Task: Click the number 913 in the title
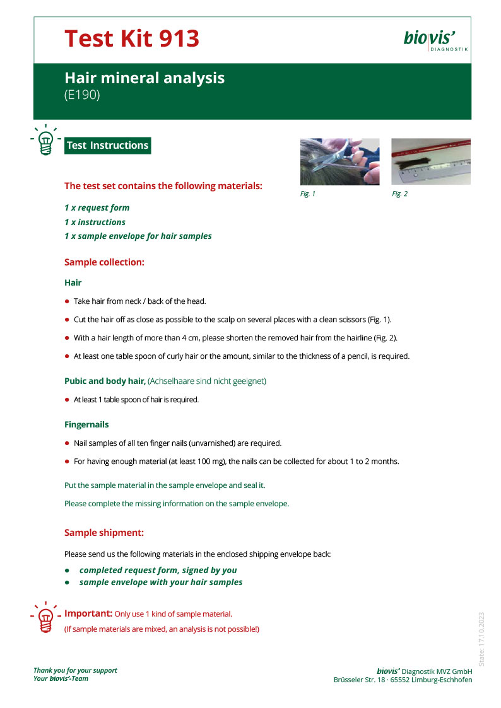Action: (x=174, y=39)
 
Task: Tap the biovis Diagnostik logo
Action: (x=435, y=40)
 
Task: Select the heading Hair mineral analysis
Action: (x=144, y=78)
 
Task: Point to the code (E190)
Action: (x=82, y=95)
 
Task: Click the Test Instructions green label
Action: (x=107, y=146)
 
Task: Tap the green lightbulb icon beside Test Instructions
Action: (x=45, y=140)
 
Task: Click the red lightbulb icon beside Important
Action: (x=45, y=617)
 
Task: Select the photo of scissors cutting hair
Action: (x=339, y=161)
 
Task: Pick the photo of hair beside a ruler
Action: (x=431, y=161)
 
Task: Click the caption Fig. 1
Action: (x=307, y=194)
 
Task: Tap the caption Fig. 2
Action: (x=399, y=194)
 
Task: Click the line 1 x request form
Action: (x=97, y=207)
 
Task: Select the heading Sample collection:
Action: (x=104, y=262)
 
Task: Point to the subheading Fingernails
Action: (x=86, y=425)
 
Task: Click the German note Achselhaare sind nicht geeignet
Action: (x=207, y=381)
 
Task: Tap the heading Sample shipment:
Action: (x=104, y=533)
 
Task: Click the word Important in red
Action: (x=88, y=613)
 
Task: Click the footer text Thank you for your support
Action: (x=75, y=670)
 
